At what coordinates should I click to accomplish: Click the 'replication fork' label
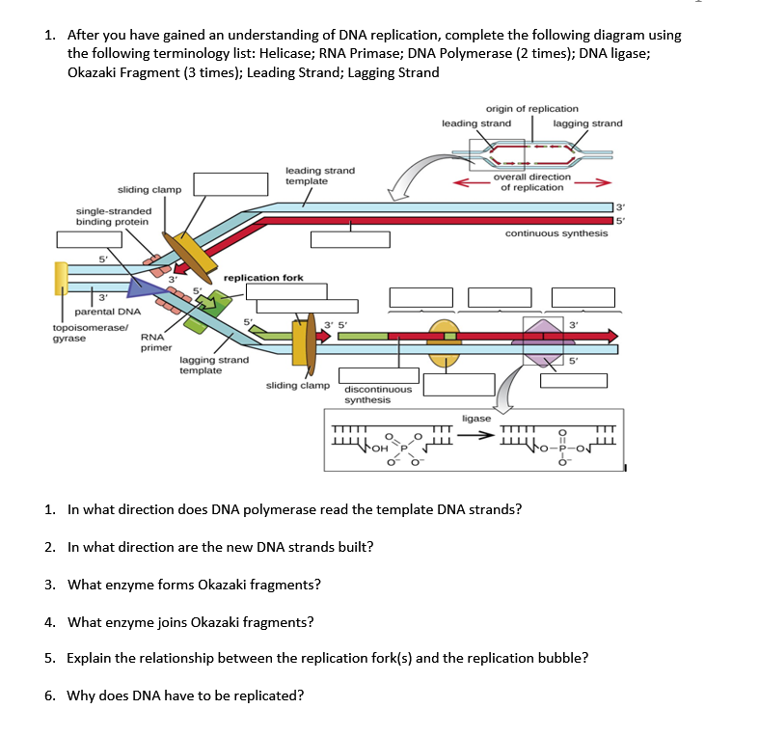(x=263, y=278)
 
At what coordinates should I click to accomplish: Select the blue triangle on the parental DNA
(x=145, y=286)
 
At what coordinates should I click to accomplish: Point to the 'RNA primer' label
(x=156, y=342)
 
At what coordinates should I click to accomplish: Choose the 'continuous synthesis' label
(x=556, y=233)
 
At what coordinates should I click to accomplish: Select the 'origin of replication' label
(x=532, y=109)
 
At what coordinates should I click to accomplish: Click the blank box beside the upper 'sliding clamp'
(x=231, y=184)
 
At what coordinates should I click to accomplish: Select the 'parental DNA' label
(x=107, y=312)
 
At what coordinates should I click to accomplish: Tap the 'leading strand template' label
(x=320, y=176)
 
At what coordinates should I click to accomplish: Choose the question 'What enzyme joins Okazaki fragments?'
(x=190, y=621)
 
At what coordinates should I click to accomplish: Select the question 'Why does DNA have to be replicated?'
(x=186, y=695)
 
